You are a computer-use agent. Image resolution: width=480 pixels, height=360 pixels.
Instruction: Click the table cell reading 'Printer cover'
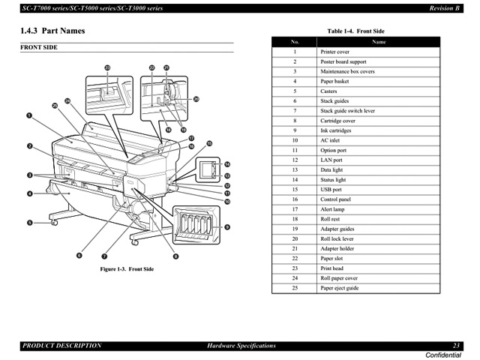334,52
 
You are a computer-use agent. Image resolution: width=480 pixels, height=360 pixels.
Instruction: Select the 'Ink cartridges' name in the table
336,130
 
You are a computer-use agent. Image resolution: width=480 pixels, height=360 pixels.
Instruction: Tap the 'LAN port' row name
331,160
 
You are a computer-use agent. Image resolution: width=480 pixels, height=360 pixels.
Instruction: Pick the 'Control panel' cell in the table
335,199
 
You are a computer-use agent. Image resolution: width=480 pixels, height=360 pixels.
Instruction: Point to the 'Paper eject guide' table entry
339,288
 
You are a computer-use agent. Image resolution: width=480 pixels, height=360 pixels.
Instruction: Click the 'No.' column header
295,42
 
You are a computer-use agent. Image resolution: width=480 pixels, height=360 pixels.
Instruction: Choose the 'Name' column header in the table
379,42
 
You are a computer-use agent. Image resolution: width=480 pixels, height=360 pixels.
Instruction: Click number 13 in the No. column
295,170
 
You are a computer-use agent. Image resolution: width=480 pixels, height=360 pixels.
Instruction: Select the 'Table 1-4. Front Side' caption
355,31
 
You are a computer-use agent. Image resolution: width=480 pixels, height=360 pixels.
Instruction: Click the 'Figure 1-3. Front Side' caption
127,268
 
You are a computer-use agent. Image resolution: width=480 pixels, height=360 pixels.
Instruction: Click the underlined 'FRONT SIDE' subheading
38,47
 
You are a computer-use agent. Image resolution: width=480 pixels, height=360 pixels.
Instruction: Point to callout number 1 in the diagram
28,116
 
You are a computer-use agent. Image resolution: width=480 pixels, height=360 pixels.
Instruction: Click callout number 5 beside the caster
31,222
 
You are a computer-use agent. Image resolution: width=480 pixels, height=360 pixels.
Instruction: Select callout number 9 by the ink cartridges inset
226,226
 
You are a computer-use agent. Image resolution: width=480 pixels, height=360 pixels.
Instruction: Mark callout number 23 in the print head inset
107,68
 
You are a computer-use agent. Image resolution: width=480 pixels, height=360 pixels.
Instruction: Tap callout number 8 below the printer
175,256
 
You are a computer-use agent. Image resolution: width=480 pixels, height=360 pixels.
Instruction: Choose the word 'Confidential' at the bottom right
445,354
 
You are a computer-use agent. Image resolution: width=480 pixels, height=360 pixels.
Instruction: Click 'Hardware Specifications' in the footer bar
241,346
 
